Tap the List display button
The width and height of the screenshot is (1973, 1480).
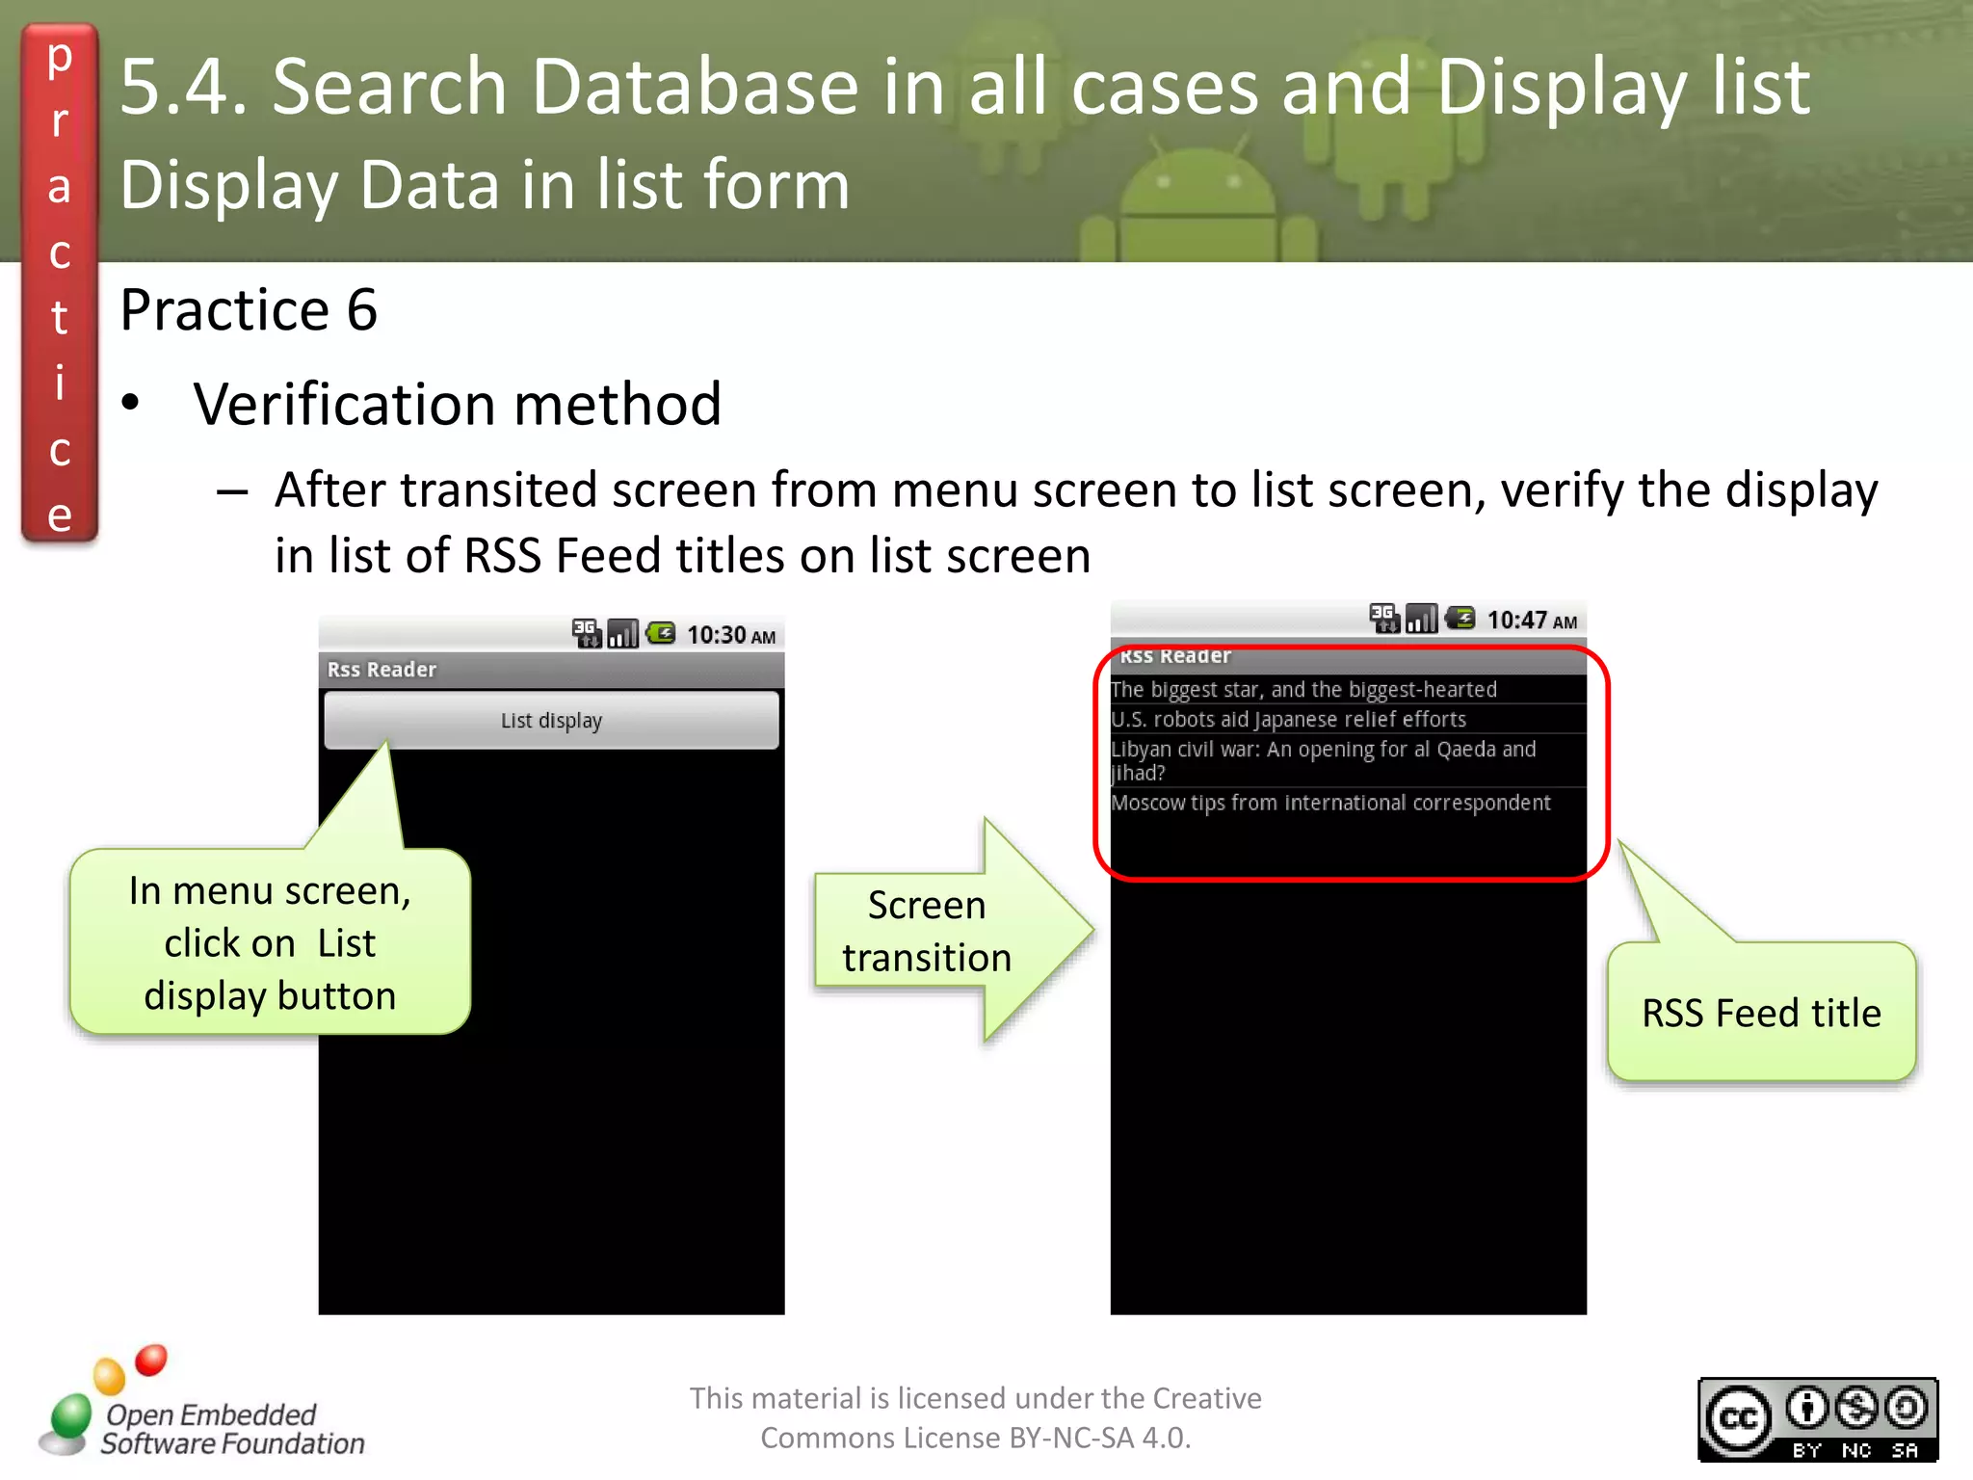551,721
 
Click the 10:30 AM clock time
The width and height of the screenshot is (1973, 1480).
730,635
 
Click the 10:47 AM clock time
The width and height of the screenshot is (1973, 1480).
1532,621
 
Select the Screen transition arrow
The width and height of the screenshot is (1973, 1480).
949,931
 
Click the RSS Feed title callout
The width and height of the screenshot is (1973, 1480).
1761,1013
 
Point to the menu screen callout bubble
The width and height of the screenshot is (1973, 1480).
270,942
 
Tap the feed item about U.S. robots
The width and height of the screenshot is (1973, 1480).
1288,720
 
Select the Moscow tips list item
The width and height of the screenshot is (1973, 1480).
1330,804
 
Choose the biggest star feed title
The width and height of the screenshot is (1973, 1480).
1303,690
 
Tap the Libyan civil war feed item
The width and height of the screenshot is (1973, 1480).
1323,760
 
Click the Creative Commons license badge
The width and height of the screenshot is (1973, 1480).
1817,1419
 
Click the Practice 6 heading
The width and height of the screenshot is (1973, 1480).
249,310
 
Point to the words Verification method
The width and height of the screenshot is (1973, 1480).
457,404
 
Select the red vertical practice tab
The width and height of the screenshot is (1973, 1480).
60,284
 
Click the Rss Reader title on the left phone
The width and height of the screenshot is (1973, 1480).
381,670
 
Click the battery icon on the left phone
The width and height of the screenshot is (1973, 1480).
661,633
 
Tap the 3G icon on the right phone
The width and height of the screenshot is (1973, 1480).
1384,618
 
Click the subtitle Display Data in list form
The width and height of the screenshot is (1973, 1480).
485,185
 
